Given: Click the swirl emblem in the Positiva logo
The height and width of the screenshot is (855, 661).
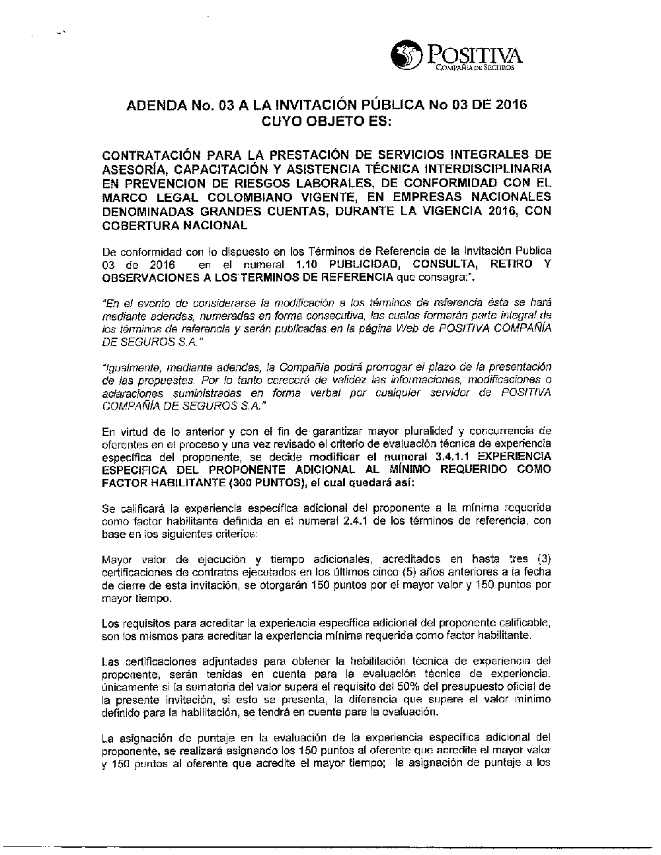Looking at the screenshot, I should pos(406,56).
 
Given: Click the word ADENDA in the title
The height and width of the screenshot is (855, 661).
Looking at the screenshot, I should pos(151,106).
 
